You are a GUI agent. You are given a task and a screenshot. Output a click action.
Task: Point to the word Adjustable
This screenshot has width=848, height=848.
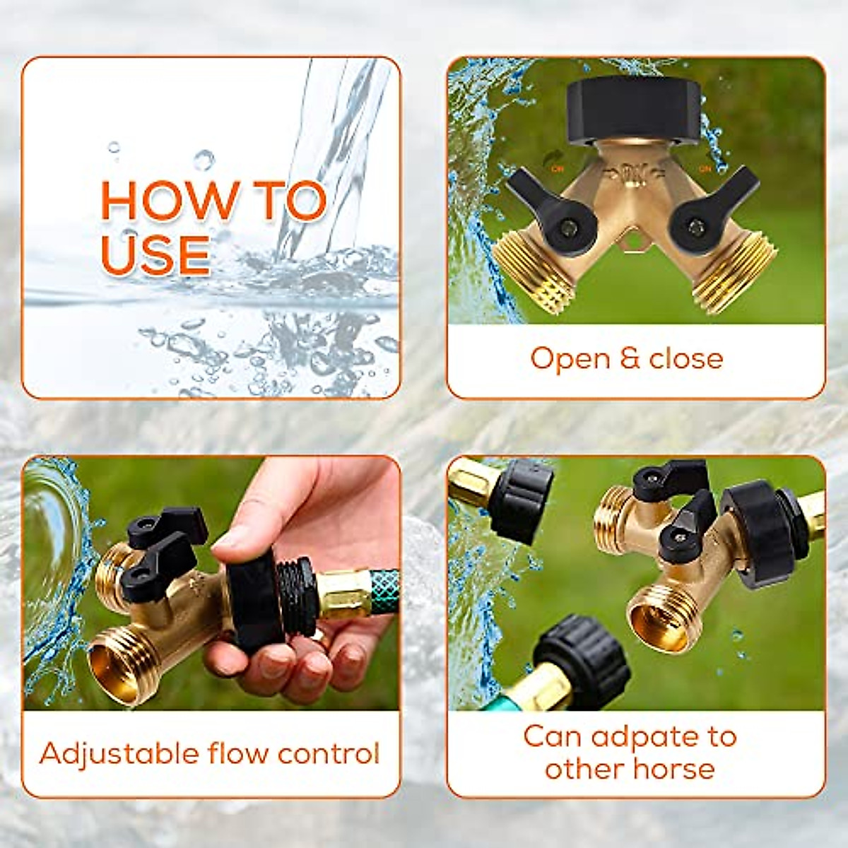pyautogui.click(x=118, y=753)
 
